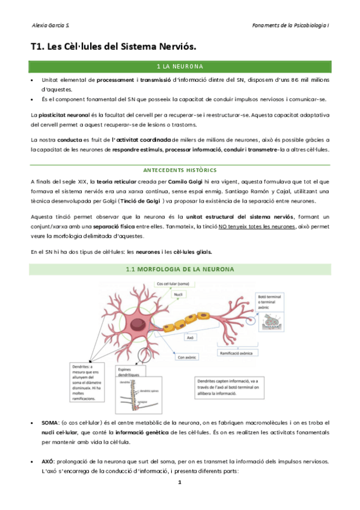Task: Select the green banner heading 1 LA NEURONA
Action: [179, 66]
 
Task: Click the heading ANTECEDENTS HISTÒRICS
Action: [179, 170]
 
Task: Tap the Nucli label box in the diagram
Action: [178, 295]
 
